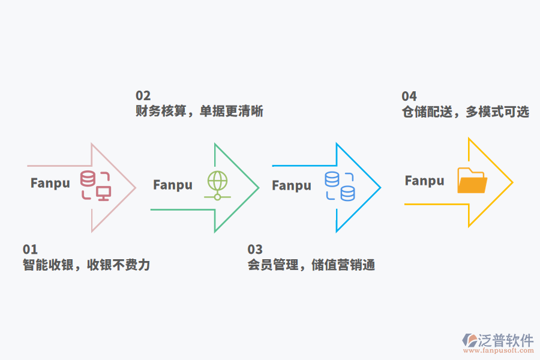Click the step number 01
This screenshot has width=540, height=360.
pos(30,250)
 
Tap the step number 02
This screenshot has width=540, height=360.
pos(143,96)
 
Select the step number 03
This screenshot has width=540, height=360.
pos(255,250)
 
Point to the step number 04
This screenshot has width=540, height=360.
pos(409,97)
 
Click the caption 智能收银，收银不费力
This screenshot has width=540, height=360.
pos(86,265)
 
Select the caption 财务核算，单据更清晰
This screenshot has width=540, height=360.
pos(199,112)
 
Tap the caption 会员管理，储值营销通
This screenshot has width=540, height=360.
pos(311,265)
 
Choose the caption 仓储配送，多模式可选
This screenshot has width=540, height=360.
pos(466,112)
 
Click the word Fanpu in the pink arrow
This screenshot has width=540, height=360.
pos(50,183)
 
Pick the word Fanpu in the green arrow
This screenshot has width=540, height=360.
pos(173,185)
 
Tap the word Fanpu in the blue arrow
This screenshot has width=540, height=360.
pos(292,185)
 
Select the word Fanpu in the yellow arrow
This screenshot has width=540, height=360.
pos(425,181)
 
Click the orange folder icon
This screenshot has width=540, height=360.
pos(472,181)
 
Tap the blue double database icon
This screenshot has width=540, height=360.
pos(340,186)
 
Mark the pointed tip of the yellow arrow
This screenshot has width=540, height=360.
pos(512,182)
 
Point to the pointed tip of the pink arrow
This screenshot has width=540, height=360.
pos(136,187)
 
